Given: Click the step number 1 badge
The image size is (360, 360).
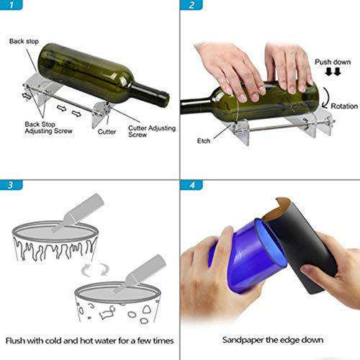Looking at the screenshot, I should coord(9,6).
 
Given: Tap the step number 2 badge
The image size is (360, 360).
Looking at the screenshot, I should coord(191,6).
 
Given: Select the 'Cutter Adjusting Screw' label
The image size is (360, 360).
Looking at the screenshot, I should coord(148,132).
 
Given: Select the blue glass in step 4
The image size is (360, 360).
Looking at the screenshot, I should coord(245,252).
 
